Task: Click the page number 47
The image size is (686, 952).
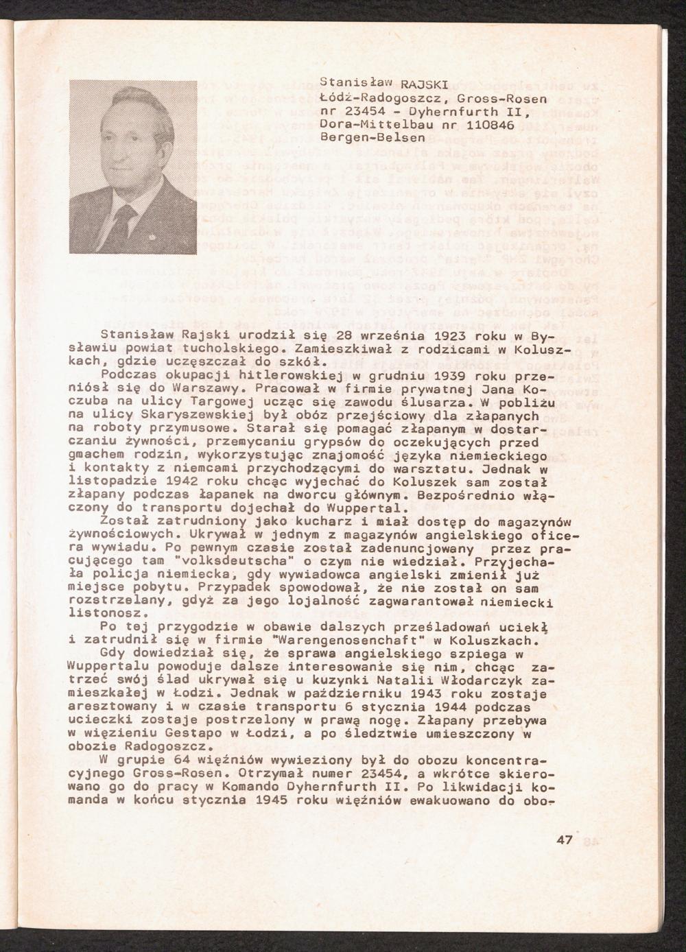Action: coord(565,842)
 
